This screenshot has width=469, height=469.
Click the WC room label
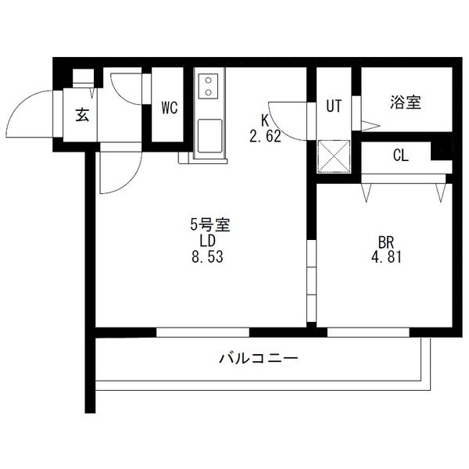click(170, 109)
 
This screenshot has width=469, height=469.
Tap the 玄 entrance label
click(81, 115)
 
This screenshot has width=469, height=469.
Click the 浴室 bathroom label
click(406, 102)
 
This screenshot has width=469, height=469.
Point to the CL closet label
click(400, 156)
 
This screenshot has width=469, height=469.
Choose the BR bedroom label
click(384, 240)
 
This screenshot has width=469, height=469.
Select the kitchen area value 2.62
click(266, 135)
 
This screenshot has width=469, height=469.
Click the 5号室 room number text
click(208, 224)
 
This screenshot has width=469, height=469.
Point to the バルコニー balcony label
click(258, 359)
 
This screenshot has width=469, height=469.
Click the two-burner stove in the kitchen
click(209, 86)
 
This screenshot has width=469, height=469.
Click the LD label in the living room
click(207, 240)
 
